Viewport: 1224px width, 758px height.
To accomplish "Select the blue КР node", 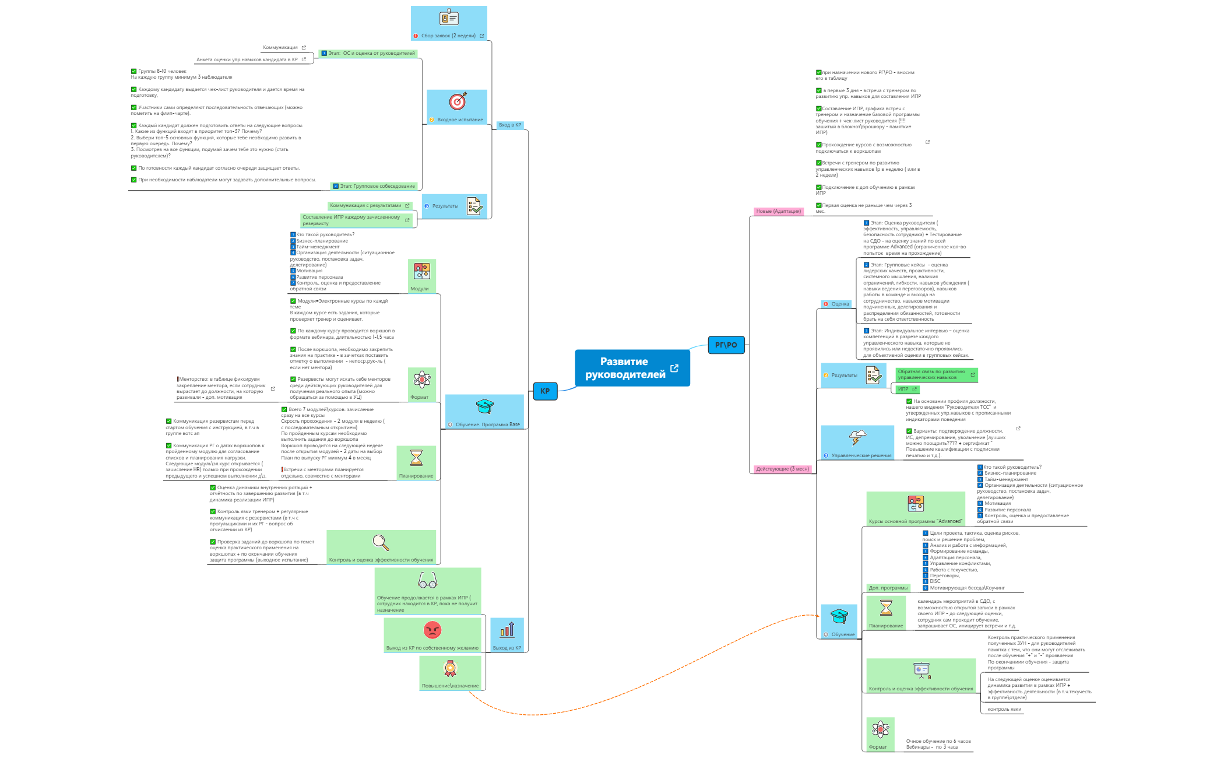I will (x=545, y=391).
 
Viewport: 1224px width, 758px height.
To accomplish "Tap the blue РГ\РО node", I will (x=726, y=345).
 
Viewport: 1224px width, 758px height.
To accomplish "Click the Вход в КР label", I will (x=510, y=125).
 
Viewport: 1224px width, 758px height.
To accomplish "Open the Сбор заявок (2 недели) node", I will (x=448, y=36).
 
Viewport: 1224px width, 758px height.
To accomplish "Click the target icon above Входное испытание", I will (x=458, y=101).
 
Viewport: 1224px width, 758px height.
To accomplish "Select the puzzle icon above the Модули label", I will (x=422, y=271).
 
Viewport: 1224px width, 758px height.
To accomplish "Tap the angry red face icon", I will (x=432, y=630).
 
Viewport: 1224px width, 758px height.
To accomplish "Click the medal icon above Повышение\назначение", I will (x=450, y=668).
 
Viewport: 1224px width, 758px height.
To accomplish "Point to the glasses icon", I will (x=428, y=581).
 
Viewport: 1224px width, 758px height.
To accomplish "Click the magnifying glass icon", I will (x=381, y=542).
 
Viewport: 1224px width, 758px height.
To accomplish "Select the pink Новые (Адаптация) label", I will (x=778, y=211).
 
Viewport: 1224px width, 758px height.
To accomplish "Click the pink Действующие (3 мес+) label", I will (x=782, y=469).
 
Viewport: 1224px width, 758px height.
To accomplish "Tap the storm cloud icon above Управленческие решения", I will (x=857, y=437).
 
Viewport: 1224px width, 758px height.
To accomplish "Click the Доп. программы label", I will (x=888, y=588).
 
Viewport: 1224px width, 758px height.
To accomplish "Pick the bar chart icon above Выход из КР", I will (x=507, y=630).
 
